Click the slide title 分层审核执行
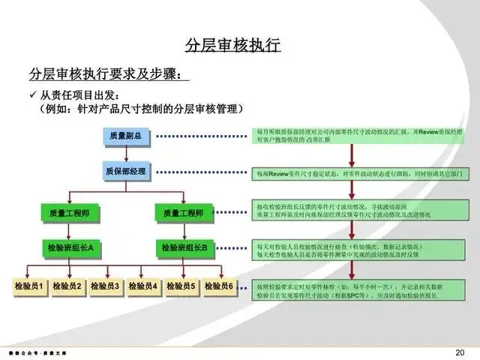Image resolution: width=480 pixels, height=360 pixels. coord(232,46)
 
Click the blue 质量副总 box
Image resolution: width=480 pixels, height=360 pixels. coord(125,136)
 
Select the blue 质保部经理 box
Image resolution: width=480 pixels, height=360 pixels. coord(125,172)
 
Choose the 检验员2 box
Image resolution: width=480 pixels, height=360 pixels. coord(67,286)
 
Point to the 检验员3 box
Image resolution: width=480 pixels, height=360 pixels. coord(105,286)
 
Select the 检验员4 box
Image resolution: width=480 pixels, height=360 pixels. coord(143,286)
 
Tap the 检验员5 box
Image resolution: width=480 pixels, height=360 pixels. coord(181,286)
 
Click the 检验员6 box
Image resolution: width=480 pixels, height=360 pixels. coord(219,286)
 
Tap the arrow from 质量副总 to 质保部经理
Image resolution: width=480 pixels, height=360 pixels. coord(125,154)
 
